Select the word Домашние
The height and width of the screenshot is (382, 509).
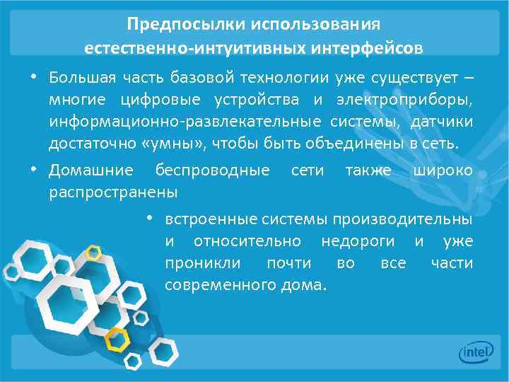[x=90, y=170]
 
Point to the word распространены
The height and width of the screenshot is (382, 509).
[x=113, y=192]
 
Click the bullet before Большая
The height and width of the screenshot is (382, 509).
[x=33, y=76]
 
